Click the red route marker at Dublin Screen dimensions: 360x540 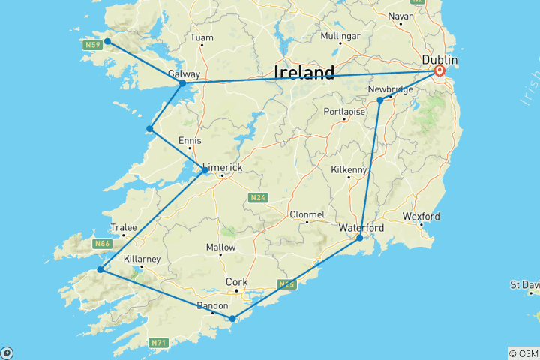click(x=439, y=71)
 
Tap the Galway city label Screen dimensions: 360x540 click(x=184, y=73)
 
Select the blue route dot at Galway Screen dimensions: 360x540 click(x=182, y=83)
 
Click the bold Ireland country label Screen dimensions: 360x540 click(x=304, y=73)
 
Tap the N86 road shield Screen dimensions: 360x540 click(x=101, y=244)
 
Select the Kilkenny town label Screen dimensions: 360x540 click(x=347, y=170)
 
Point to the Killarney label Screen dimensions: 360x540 click(x=141, y=258)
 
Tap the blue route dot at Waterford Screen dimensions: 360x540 click(x=360, y=238)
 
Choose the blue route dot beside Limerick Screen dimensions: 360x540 click(x=205, y=170)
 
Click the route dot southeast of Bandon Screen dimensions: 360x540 click(x=232, y=319)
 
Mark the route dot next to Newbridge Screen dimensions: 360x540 click(x=380, y=100)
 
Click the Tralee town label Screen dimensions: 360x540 click(x=124, y=227)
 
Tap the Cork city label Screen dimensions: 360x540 click(x=236, y=282)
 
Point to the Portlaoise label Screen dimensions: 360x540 click(x=344, y=111)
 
